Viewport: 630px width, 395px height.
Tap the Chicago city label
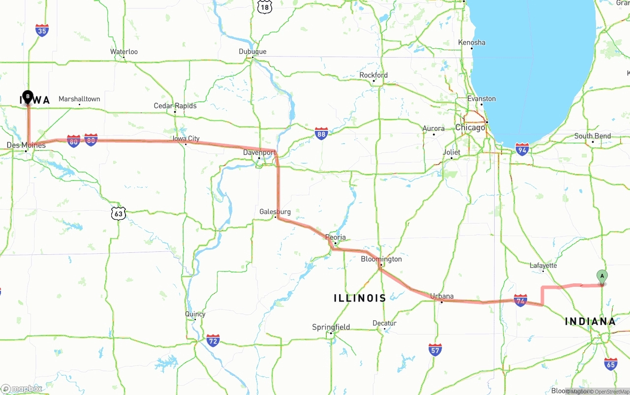click(470, 128)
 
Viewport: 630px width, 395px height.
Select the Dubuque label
click(252, 52)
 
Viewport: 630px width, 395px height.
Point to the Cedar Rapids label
click(175, 106)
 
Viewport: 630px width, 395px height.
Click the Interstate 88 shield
click(321, 133)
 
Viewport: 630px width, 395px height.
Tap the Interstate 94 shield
click(522, 149)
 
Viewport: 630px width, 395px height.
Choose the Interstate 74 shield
click(520, 301)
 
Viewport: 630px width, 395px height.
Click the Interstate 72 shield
click(213, 340)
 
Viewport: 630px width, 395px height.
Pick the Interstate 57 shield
click(435, 350)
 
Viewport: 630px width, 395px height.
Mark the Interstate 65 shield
click(611, 364)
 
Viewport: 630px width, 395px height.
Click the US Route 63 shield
click(119, 213)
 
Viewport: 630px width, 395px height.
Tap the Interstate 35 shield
click(42, 30)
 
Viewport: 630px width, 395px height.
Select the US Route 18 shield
click(264, 6)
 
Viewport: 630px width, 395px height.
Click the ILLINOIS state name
click(360, 298)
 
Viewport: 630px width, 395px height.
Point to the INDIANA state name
click(590, 322)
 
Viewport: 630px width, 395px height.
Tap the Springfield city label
click(331, 327)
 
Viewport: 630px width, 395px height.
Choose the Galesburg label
click(275, 212)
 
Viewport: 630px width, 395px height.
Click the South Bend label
click(592, 136)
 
